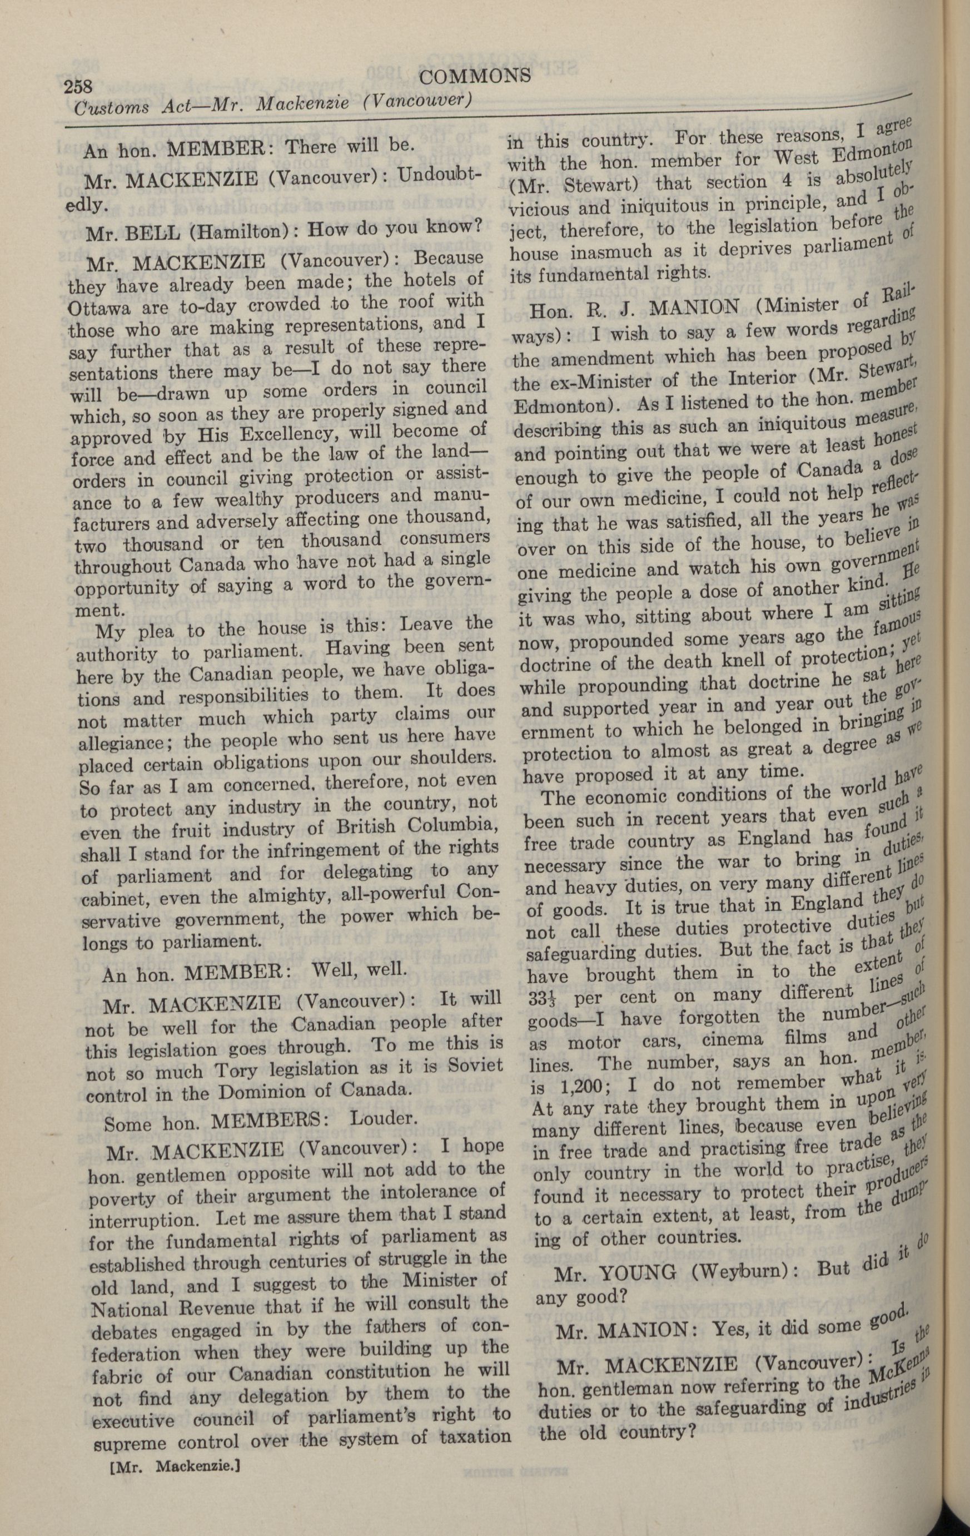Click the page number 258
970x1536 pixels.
coord(78,86)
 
